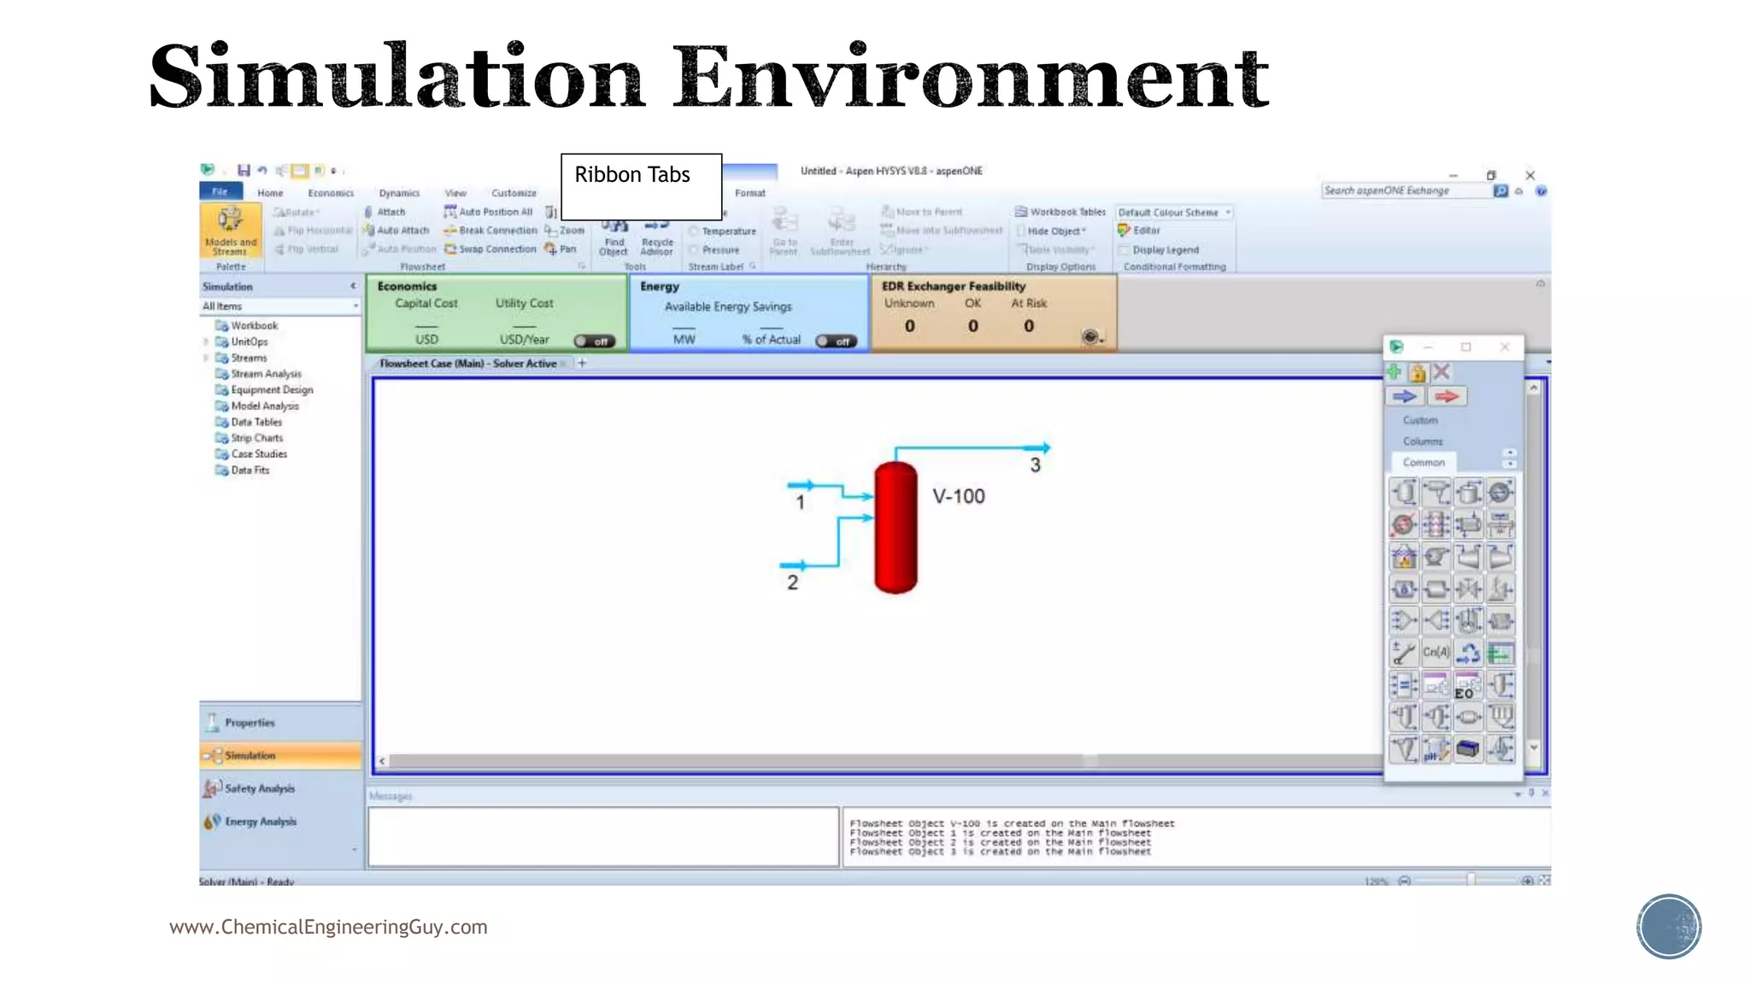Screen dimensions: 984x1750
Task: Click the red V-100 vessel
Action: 896,527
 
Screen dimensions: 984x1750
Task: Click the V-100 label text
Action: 959,496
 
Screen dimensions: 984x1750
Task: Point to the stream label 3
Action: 1035,466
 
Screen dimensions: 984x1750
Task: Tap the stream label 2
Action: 792,583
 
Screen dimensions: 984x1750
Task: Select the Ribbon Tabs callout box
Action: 641,186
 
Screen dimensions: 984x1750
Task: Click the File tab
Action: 220,192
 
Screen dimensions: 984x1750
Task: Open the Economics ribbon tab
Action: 331,193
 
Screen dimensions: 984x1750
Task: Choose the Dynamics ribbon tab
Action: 399,193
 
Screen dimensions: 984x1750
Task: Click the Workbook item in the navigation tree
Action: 254,325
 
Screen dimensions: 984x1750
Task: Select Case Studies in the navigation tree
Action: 259,454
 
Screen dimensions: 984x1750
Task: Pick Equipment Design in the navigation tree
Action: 272,389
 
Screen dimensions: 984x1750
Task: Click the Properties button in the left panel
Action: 250,723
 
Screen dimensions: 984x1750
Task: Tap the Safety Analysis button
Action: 259,788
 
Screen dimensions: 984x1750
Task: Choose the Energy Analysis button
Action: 260,822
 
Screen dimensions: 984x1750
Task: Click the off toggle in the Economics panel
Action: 594,341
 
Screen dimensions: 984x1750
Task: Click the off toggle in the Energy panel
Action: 836,341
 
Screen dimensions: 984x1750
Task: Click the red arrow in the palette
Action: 1446,396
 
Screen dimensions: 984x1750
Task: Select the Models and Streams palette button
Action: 230,231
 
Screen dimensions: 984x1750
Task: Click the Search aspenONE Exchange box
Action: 1405,190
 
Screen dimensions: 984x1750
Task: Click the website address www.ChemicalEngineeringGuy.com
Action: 328,927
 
